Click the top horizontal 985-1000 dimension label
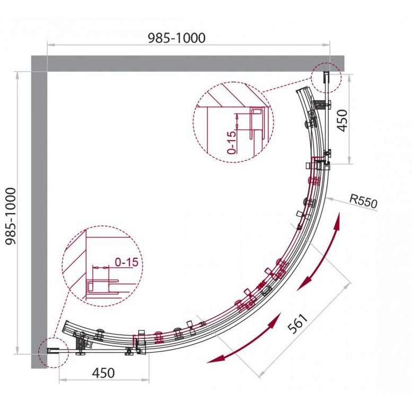(177, 38)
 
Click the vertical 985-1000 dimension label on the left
(11, 216)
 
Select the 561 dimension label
(298, 323)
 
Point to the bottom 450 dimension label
(103, 373)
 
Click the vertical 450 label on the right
(342, 120)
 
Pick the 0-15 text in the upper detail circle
(232, 143)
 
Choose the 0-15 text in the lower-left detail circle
(127, 262)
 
